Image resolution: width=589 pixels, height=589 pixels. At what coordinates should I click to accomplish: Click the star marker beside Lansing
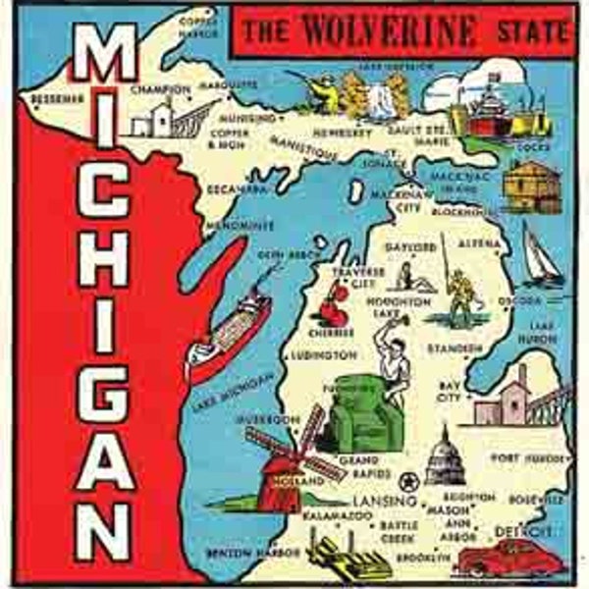[x=407, y=480]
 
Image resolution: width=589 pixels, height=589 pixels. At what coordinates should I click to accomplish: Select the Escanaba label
[x=238, y=187]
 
